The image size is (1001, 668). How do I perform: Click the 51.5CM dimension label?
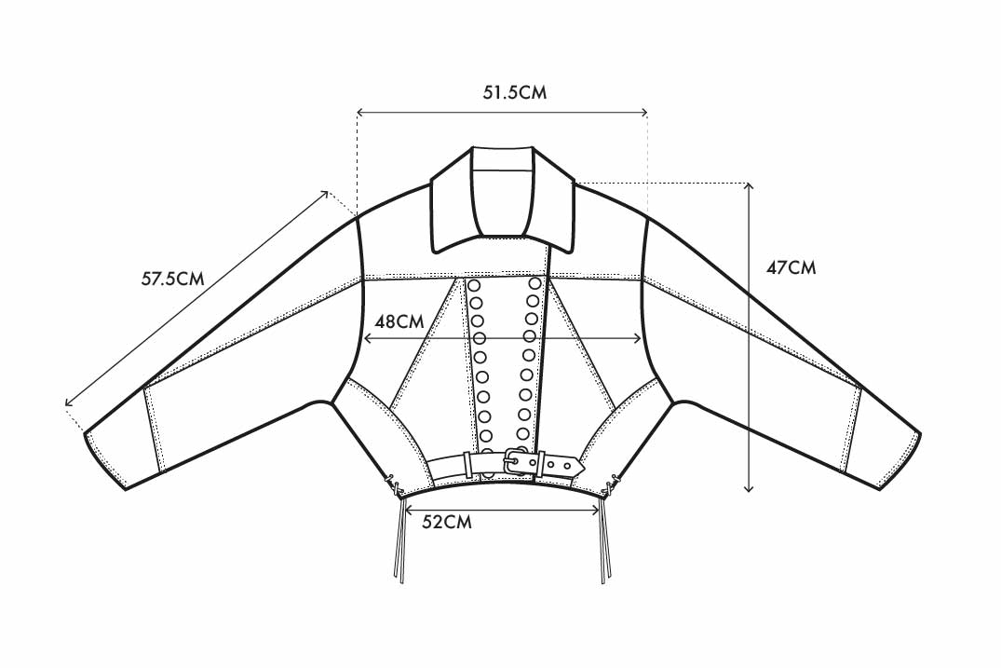point(515,92)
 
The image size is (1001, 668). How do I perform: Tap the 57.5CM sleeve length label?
point(172,279)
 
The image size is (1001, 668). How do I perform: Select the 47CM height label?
point(791,267)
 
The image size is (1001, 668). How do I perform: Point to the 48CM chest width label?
point(399,320)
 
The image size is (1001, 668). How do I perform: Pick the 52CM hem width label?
point(447,522)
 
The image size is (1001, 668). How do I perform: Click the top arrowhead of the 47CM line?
point(749,185)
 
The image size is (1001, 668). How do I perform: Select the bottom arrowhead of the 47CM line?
point(749,488)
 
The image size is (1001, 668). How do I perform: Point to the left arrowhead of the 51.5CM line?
point(360,113)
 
